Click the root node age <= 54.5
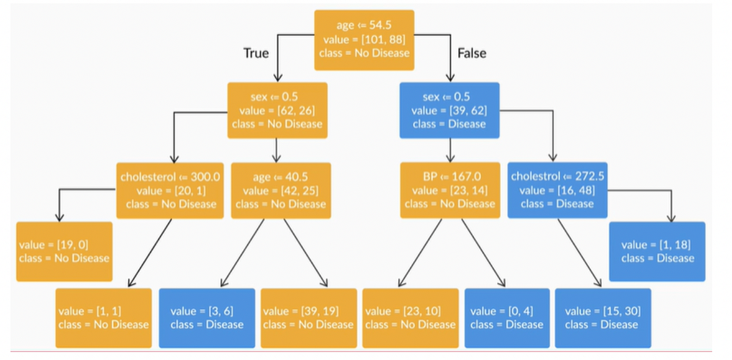pyautogui.click(x=364, y=40)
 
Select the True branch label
pyautogui.click(x=256, y=53)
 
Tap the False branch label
pyautogui.click(x=472, y=53)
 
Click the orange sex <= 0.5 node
pyautogui.click(x=278, y=110)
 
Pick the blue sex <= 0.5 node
pyautogui.click(x=450, y=110)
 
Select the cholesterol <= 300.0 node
pyautogui.click(x=171, y=190)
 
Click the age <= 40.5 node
pyautogui.click(x=281, y=190)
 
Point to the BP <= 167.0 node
pyautogui.click(x=450, y=190)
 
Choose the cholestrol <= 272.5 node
pyautogui.click(x=557, y=190)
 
